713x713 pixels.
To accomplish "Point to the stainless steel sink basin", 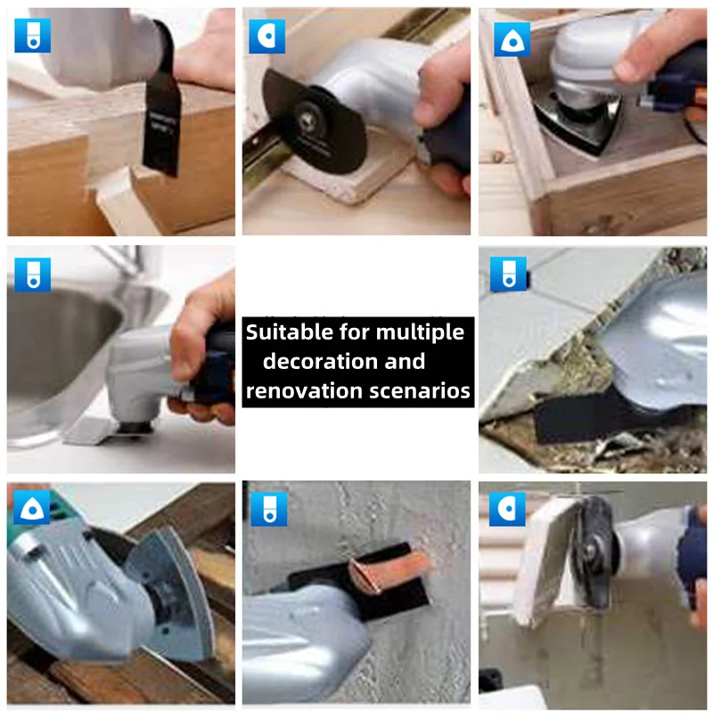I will tap(53, 348).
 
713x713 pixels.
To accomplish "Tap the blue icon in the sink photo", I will tap(32, 275).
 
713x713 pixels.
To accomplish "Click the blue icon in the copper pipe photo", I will tap(268, 508).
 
